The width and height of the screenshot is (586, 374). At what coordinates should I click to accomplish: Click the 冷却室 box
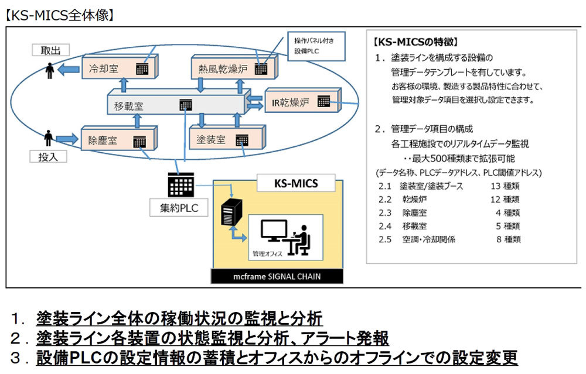117,68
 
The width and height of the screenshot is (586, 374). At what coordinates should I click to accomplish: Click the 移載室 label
129,106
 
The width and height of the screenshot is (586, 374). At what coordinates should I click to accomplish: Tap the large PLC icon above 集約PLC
180,185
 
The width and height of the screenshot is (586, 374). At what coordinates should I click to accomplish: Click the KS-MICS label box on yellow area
296,183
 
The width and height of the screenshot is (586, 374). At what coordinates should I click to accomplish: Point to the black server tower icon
230,214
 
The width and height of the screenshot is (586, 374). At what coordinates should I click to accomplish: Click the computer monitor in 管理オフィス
274,231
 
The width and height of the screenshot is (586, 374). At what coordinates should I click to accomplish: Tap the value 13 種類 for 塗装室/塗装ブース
505,186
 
